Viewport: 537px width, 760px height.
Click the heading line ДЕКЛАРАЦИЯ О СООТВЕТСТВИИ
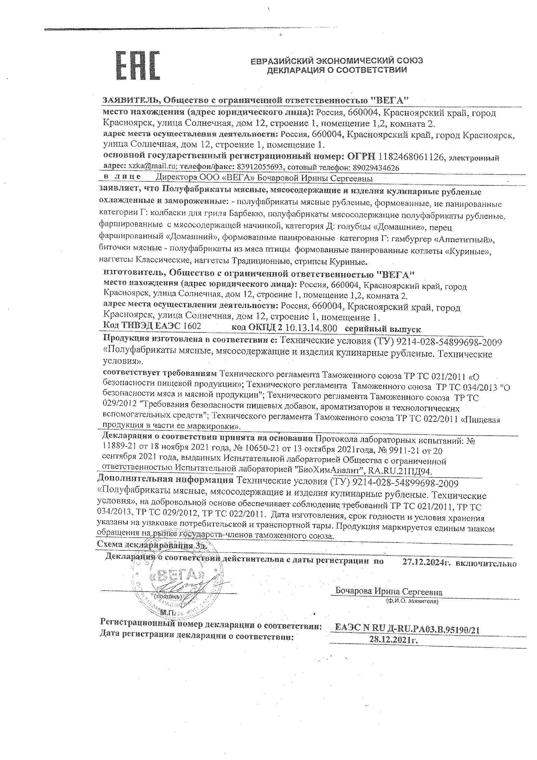click(337, 70)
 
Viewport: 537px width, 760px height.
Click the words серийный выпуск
click(382, 329)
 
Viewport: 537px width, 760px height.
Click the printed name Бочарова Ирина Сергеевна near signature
click(389, 591)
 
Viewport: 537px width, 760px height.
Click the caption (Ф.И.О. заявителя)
click(412, 601)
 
